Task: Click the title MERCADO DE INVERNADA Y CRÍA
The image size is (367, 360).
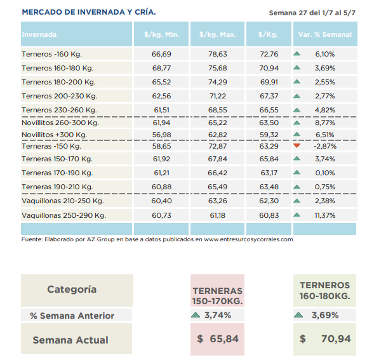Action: [x=89, y=12]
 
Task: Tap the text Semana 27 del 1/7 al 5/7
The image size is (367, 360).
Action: [x=312, y=13]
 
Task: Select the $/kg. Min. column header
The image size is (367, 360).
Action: [x=161, y=34]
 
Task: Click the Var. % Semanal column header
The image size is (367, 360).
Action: [x=325, y=34]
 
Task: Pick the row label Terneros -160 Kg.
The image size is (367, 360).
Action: [x=51, y=54]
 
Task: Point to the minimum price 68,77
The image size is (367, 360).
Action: [x=161, y=68]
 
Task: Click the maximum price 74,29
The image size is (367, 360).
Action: [x=218, y=82]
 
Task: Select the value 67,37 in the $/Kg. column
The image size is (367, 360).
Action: [x=269, y=96]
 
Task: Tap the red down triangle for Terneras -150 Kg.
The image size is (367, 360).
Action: [x=297, y=146]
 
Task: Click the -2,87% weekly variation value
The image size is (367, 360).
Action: [x=325, y=146]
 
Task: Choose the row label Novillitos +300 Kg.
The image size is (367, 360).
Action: [x=55, y=135]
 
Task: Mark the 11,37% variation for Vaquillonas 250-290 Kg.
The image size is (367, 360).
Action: [x=325, y=215]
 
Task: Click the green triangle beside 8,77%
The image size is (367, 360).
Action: [x=297, y=123]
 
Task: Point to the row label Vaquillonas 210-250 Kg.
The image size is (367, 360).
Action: [x=63, y=201]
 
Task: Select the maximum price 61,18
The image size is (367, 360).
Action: [x=218, y=215]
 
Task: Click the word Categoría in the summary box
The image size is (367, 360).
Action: [x=72, y=290]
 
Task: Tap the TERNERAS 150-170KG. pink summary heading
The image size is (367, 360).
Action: [x=217, y=296]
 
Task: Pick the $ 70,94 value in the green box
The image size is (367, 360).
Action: [x=325, y=338]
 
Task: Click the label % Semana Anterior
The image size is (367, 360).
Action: [x=72, y=316]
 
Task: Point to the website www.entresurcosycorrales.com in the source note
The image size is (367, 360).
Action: [x=248, y=239]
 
